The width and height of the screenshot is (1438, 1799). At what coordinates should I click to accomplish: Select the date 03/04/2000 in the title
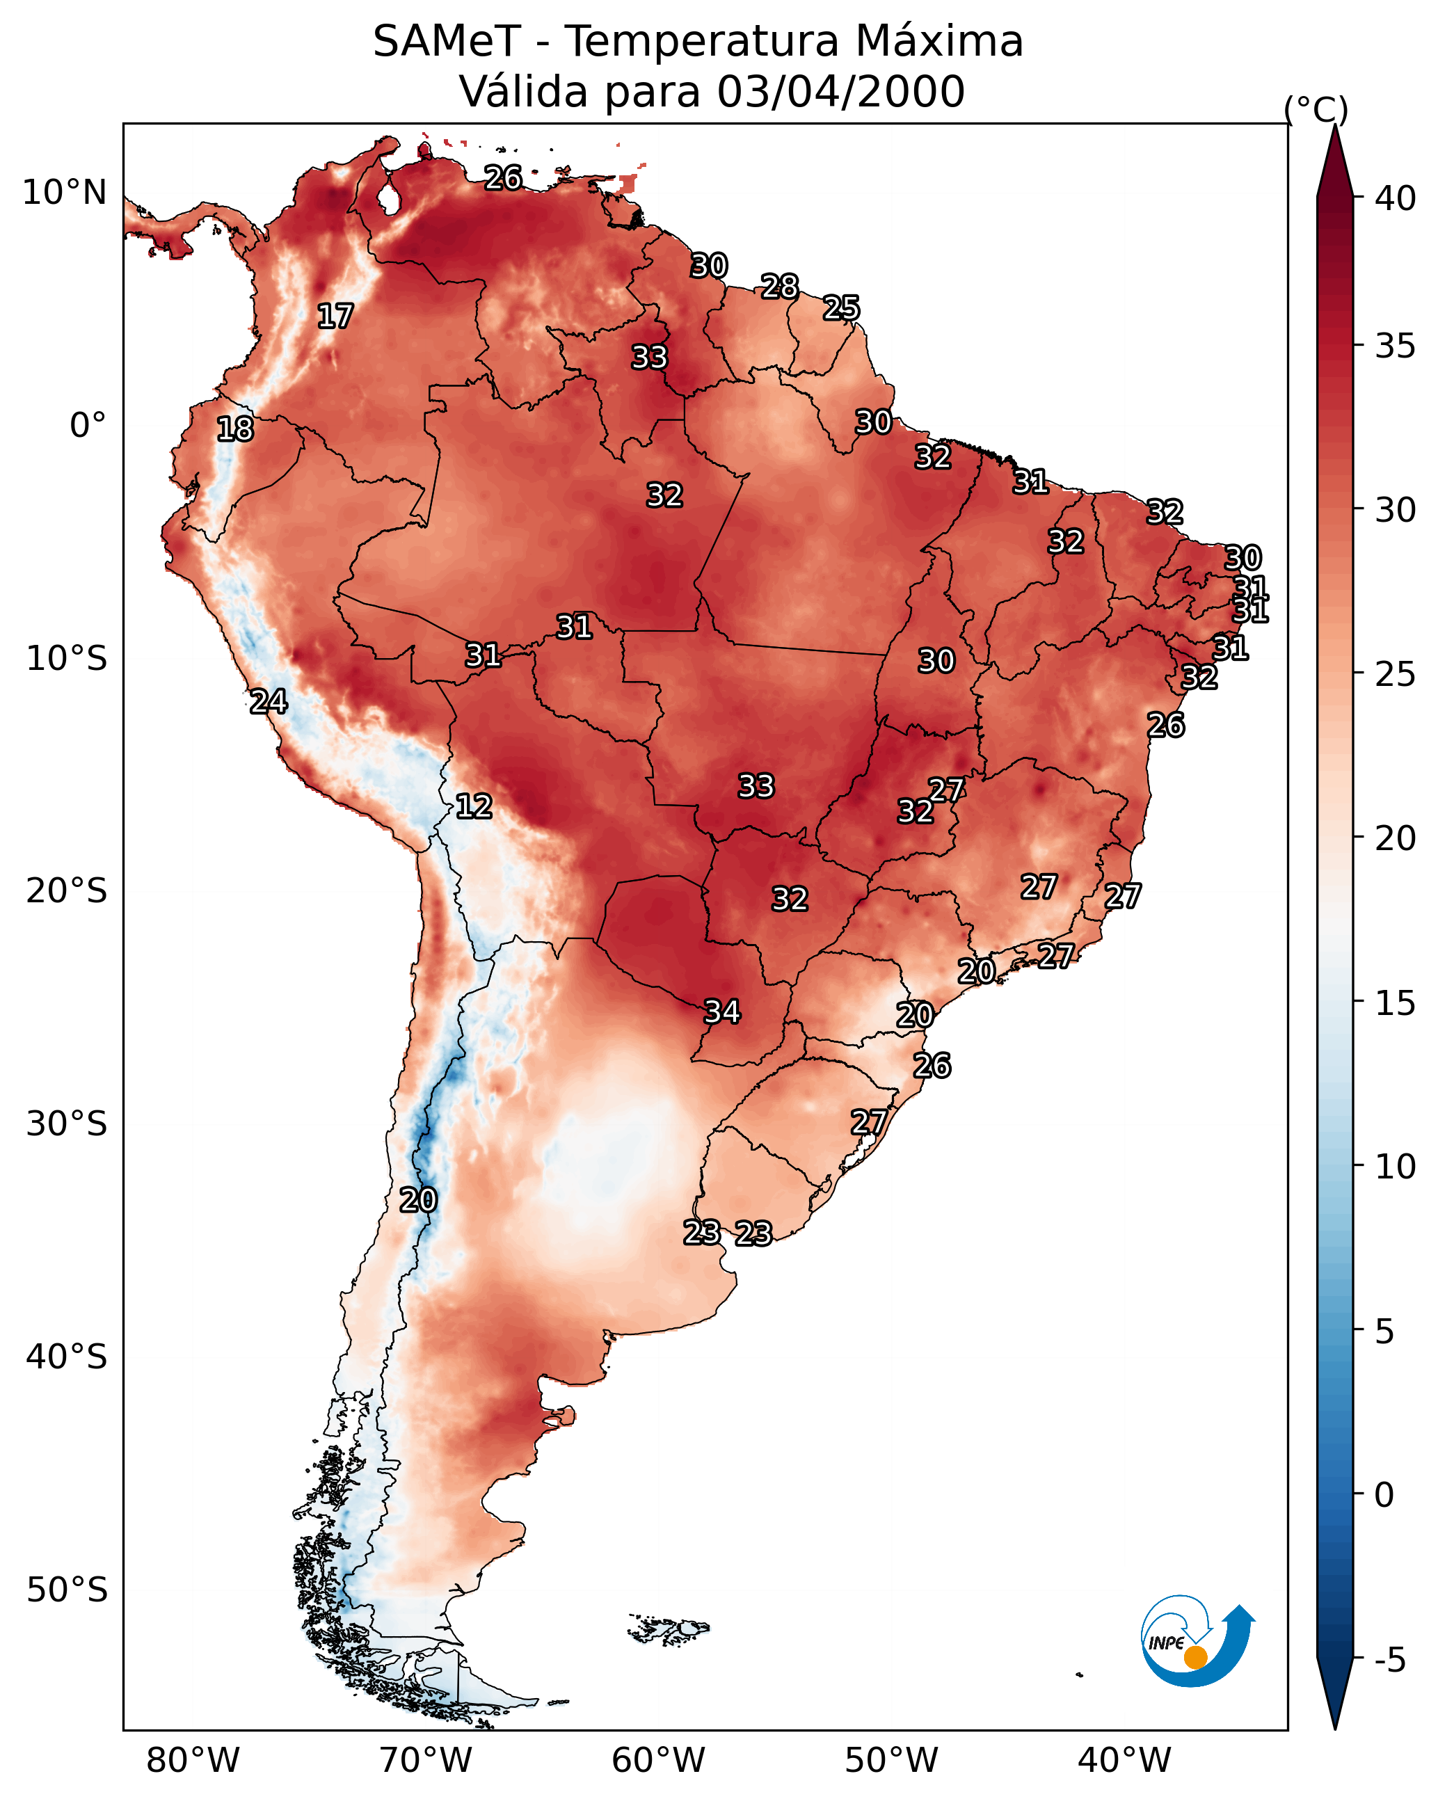click(x=840, y=92)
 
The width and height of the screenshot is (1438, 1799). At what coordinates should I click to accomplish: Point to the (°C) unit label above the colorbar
click(x=1316, y=110)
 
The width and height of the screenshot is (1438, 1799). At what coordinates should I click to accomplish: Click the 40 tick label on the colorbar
click(x=1396, y=198)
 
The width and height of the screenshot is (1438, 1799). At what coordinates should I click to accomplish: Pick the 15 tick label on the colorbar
click(x=1396, y=1003)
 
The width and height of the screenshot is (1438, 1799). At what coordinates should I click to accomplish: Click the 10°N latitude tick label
click(x=64, y=193)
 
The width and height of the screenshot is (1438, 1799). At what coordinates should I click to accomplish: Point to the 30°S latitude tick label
click(x=67, y=1124)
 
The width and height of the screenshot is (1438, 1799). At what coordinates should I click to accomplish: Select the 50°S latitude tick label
click(x=67, y=1590)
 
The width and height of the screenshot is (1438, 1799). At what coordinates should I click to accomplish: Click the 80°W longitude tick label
click(x=193, y=1761)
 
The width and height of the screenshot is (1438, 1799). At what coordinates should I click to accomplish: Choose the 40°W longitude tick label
click(x=1124, y=1761)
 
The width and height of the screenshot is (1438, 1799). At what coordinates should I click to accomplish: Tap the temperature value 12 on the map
click(x=474, y=806)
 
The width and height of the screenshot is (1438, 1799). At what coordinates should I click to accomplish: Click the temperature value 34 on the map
click(x=722, y=1012)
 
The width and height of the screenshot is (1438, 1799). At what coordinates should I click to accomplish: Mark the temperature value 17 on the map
click(x=335, y=317)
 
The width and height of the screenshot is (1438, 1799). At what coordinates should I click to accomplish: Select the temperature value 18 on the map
click(x=234, y=429)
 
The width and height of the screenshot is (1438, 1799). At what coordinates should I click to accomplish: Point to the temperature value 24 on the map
click(x=269, y=702)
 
